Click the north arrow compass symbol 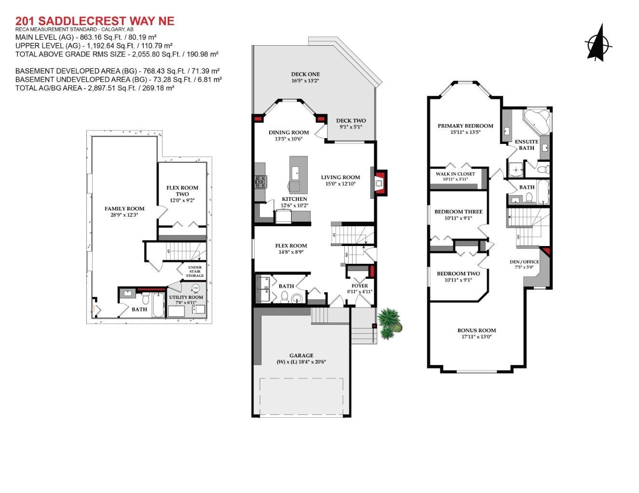tap(598, 44)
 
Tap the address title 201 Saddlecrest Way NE tap(95, 21)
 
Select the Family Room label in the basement tap(124, 208)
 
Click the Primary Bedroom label tap(465, 126)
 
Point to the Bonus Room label tap(476, 330)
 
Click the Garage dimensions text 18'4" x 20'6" tap(301, 362)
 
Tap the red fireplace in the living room tap(381, 182)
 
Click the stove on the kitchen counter tap(260, 182)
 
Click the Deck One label tap(305, 74)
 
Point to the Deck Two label tap(351, 121)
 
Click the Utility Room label tap(186, 297)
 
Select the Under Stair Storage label tap(195, 272)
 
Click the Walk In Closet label tap(455, 174)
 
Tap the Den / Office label tap(524, 262)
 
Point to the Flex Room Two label tap(182, 191)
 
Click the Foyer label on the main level tap(360, 285)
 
